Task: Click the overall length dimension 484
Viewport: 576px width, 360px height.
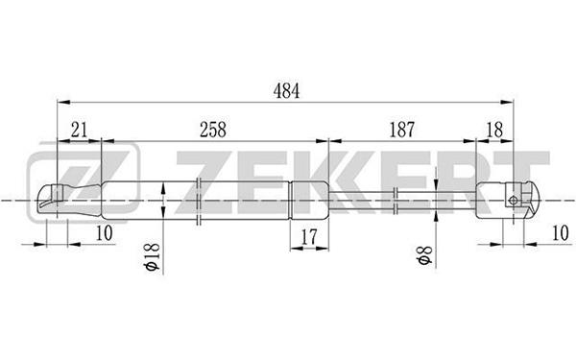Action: (286, 91)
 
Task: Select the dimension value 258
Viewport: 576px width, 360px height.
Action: (213, 130)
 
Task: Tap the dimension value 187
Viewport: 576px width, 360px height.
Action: (401, 130)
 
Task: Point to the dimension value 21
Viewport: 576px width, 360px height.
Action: (79, 130)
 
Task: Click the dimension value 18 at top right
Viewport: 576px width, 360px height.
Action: (494, 130)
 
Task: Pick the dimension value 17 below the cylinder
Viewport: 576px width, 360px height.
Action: (309, 237)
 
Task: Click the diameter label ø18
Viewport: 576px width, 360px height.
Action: (153, 256)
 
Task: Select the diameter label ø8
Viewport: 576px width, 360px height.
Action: (424, 255)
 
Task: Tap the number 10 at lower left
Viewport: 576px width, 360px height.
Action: (104, 233)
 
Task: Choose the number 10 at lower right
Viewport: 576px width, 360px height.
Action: (561, 233)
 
